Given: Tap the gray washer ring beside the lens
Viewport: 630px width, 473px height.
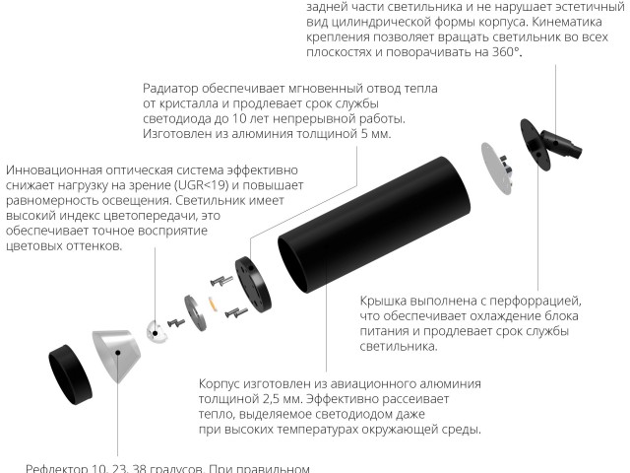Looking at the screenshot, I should click(x=193, y=313).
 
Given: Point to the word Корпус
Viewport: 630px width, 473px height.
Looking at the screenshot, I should click(x=222, y=383).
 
